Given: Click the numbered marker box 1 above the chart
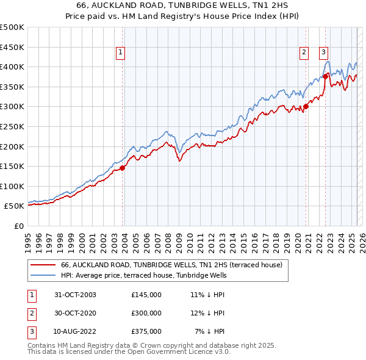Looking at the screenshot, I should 121,53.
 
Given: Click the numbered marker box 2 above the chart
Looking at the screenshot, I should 304,53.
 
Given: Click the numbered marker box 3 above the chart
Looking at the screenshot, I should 323,53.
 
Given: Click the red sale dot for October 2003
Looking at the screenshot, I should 123,168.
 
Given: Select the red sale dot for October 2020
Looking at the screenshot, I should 306,106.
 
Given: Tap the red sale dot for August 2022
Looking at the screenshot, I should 325,76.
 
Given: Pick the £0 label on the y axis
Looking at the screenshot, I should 18,226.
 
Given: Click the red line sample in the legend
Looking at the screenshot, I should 43,265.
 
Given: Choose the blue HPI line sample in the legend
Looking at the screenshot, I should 43,276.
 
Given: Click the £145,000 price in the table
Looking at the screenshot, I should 146,295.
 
